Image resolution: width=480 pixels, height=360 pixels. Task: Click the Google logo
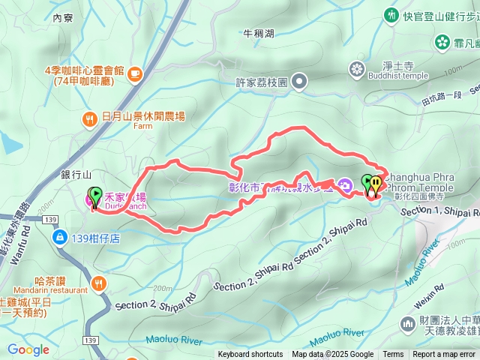[x=28, y=349]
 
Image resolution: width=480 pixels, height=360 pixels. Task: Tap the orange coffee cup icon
[x=134, y=73]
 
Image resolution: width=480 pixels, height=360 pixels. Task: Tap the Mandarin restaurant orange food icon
[x=100, y=283]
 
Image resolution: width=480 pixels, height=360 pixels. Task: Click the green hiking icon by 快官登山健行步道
[x=391, y=15]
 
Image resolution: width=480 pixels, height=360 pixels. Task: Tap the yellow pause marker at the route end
[x=374, y=184]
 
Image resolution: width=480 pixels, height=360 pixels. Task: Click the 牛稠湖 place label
[x=259, y=34]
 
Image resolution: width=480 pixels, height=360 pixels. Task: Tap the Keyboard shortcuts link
[x=250, y=355]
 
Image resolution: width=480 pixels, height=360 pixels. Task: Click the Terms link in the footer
[x=393, y=355]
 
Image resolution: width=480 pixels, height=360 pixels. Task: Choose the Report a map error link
[x=444, y=355]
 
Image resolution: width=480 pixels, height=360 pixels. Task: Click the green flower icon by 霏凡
[x=442, y=42]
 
